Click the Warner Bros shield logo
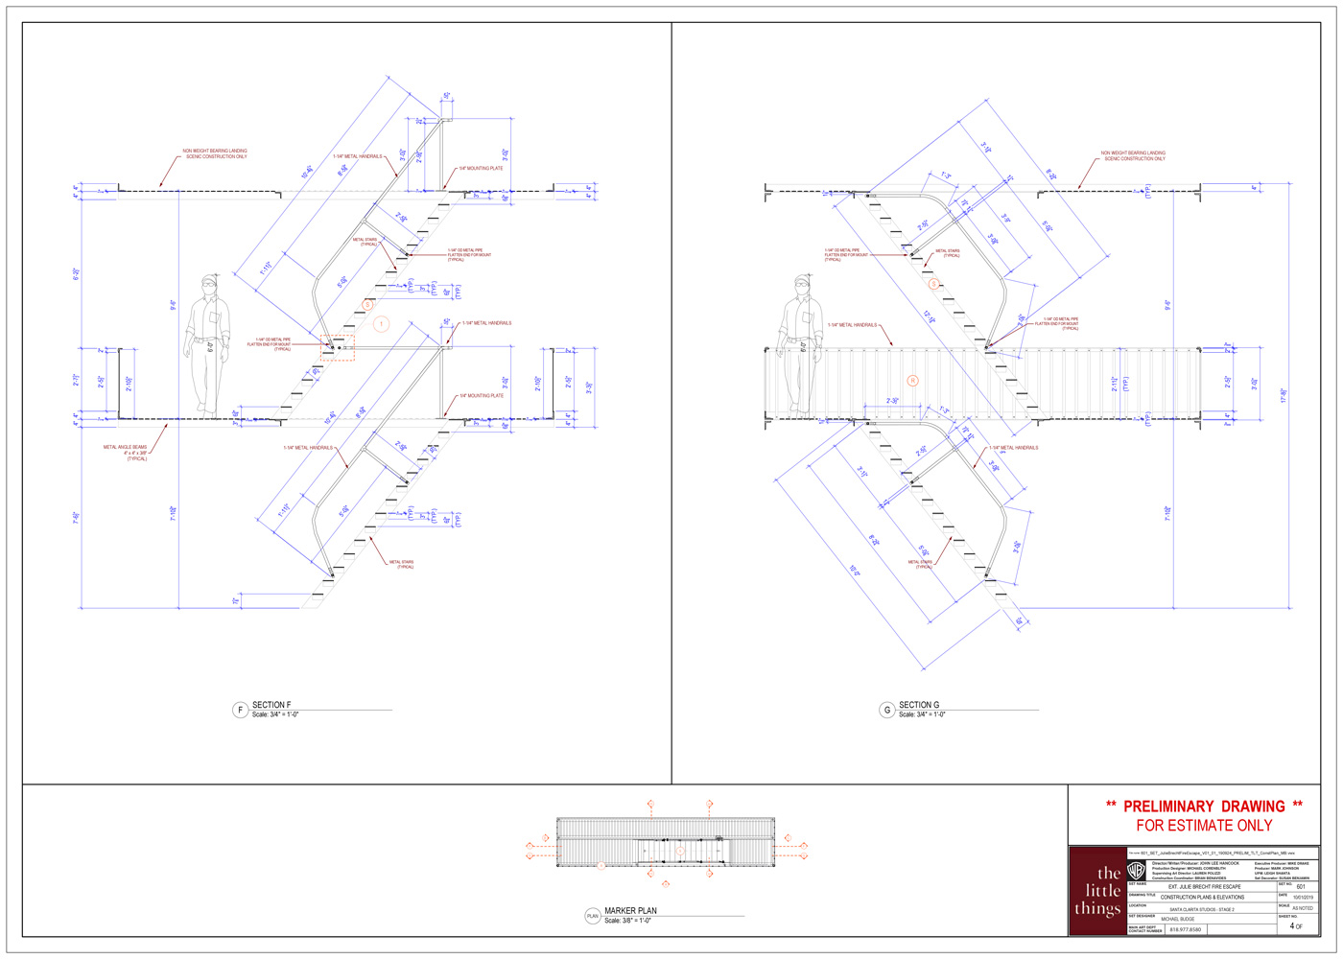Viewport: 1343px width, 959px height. coord(1136,871)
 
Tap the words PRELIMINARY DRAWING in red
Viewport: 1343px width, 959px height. coord(1204,807)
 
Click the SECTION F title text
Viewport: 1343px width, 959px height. coord(271,705)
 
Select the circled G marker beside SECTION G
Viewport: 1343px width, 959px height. coord(886,710)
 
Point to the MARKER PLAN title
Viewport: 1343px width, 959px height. coord(630,911)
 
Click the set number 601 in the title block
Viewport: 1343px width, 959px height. coord(1300,887)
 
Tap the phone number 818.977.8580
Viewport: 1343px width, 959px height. coord(1184,929)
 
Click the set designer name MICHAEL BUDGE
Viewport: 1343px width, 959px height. coord(1178,919)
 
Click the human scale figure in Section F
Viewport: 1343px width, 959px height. coord(208,345)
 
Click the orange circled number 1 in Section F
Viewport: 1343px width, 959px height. coord(381,324)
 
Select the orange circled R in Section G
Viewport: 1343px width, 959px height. coord(912,381)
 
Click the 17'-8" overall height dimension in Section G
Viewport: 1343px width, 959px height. coord(1284,395)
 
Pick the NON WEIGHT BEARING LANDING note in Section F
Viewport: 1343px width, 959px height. coord(216,153)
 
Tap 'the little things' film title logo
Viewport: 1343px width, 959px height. coord(1097,890)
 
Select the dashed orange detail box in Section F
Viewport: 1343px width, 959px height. coord(338,347)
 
